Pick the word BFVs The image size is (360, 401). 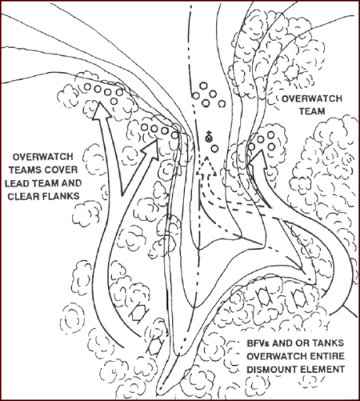(258, 343)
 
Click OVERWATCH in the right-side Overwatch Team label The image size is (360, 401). (311, 99)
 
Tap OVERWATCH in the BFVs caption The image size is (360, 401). (276, 356)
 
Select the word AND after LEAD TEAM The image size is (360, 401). (71, 183)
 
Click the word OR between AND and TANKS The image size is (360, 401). (301, 343)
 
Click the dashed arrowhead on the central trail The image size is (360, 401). (207, 167)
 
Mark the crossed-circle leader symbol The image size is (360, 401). (208, 138)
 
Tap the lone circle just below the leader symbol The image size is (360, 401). (214, 149)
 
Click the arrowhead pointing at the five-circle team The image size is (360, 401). (102, 111)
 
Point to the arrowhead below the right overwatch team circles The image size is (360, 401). (258, 158)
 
